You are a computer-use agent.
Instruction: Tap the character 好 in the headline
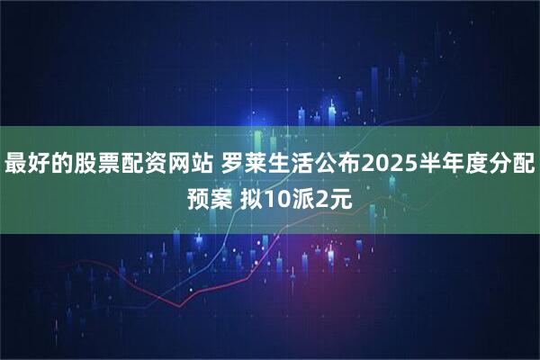click(x=40, y=164)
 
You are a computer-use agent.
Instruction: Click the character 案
click(x=221, y=194)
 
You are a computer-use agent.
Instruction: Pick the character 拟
click(x=251, y=194)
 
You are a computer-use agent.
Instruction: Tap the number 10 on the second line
click(x=275, y=194)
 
